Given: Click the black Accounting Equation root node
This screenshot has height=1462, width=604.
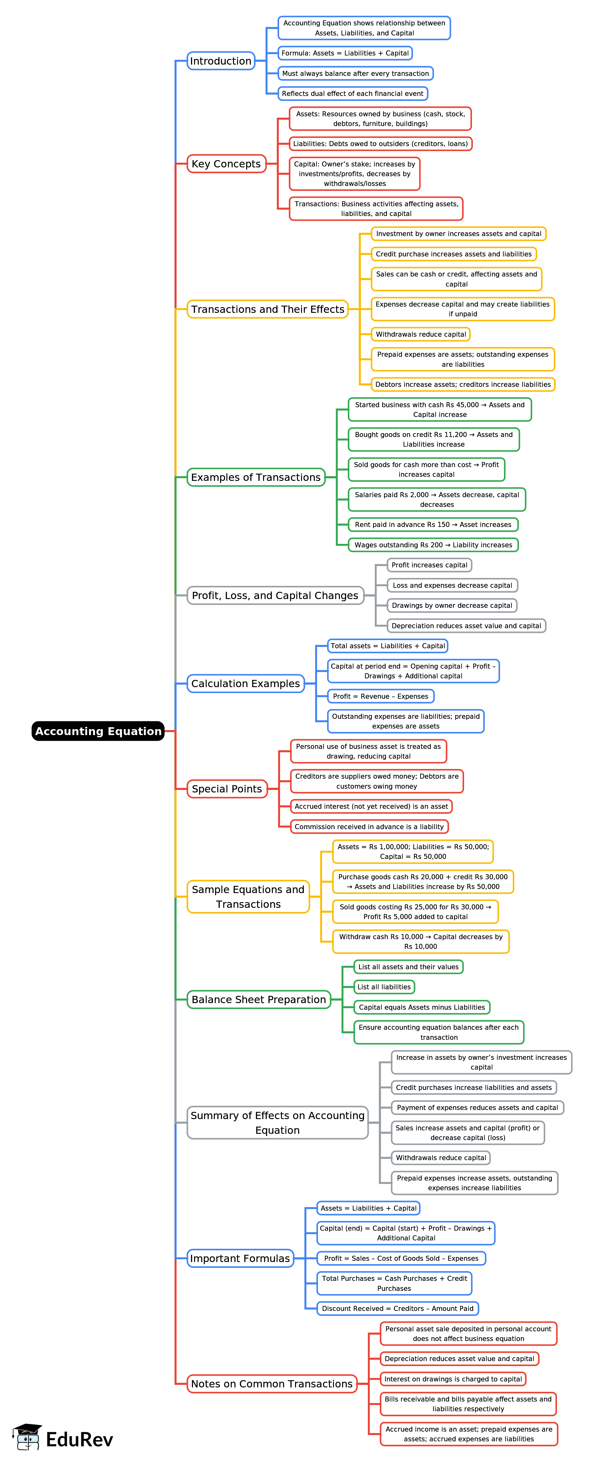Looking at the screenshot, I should click(98, 731).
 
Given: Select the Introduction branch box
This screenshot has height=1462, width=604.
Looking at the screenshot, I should click(221, 61).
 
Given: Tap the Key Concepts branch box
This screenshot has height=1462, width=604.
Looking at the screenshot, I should click(226, 163).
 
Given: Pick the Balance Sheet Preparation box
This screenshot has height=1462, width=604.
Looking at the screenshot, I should click(259, 999).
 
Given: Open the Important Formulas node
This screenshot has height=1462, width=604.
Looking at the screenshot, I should click(240, 1258).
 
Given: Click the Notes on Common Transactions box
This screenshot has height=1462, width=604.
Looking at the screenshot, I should click(272, 1384).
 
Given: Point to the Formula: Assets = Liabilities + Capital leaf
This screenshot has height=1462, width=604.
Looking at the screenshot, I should click(345, 53).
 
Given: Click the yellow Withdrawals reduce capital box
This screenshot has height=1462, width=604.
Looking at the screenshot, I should click(421, 334).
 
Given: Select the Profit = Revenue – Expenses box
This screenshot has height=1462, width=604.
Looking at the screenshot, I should click(380, 697).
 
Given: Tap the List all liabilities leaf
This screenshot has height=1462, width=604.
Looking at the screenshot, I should click(384, 987).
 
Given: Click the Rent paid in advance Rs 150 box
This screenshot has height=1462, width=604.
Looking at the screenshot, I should click(433, 524).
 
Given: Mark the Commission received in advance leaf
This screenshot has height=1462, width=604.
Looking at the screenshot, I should click(369, 826).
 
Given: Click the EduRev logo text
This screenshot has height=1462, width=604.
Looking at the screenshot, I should click(79, 1440).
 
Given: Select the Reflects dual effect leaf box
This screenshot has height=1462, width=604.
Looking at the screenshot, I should click(352, 94).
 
